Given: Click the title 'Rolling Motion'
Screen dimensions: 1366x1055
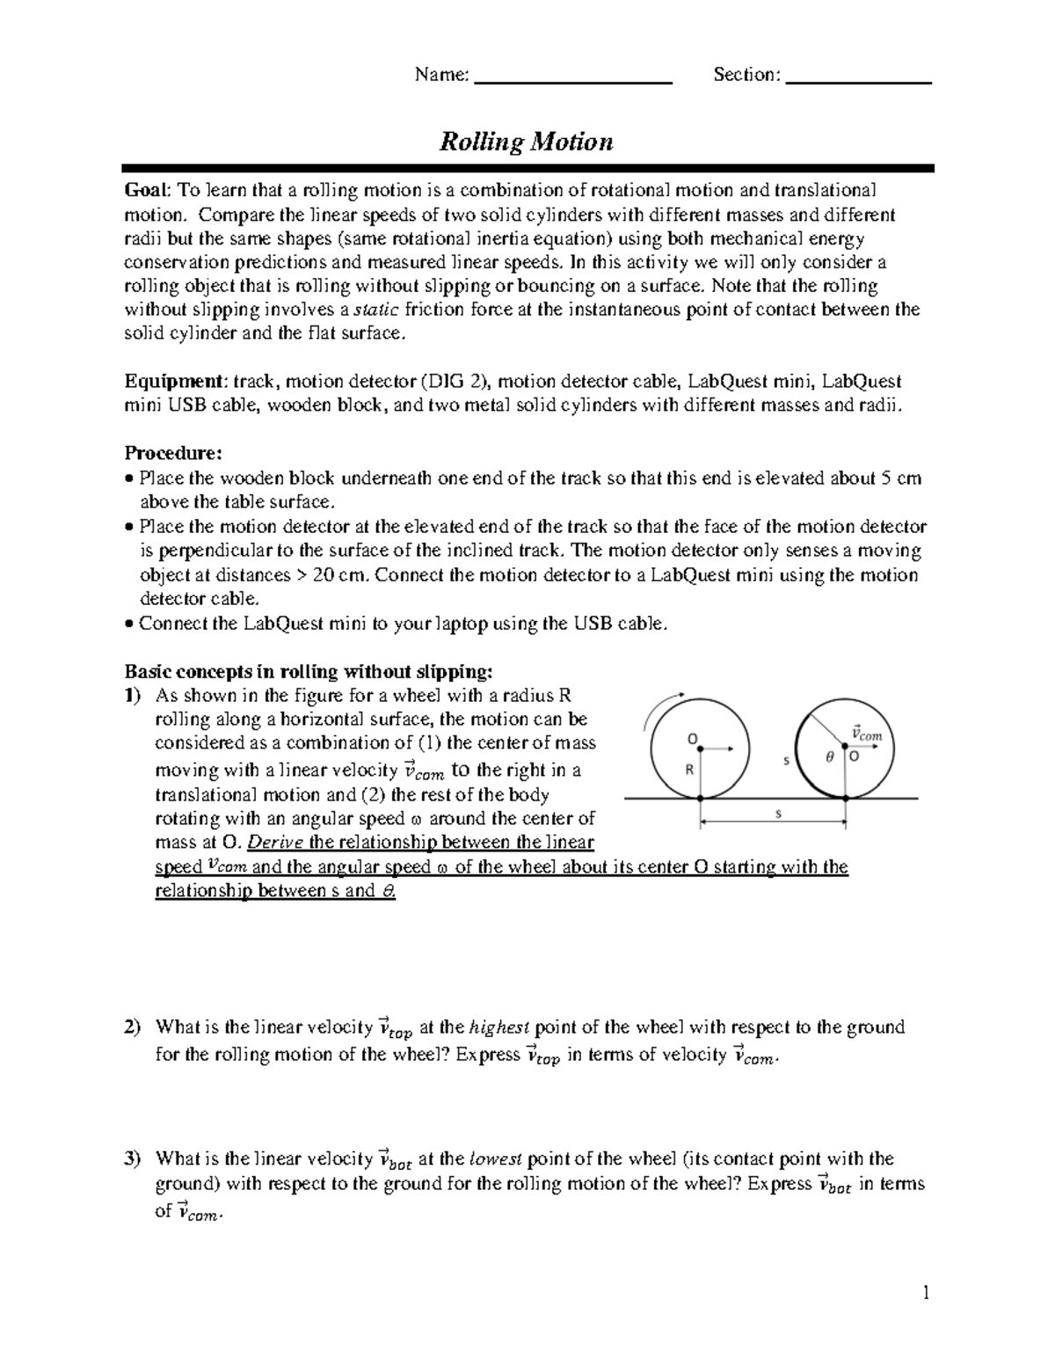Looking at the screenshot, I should [526, 142].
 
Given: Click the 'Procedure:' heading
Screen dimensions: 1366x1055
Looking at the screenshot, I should [173, 454].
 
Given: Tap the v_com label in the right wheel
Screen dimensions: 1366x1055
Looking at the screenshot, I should [866, 732].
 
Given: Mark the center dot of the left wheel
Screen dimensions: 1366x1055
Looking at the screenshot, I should [700, 749].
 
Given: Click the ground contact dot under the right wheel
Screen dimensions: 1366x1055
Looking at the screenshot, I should [845, 798].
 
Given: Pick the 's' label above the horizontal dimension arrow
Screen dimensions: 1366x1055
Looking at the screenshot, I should [777, 814].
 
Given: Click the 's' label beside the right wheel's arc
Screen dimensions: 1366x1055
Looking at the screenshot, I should [786, 759].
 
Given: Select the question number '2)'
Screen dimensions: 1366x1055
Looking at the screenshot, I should [133, 1027].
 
